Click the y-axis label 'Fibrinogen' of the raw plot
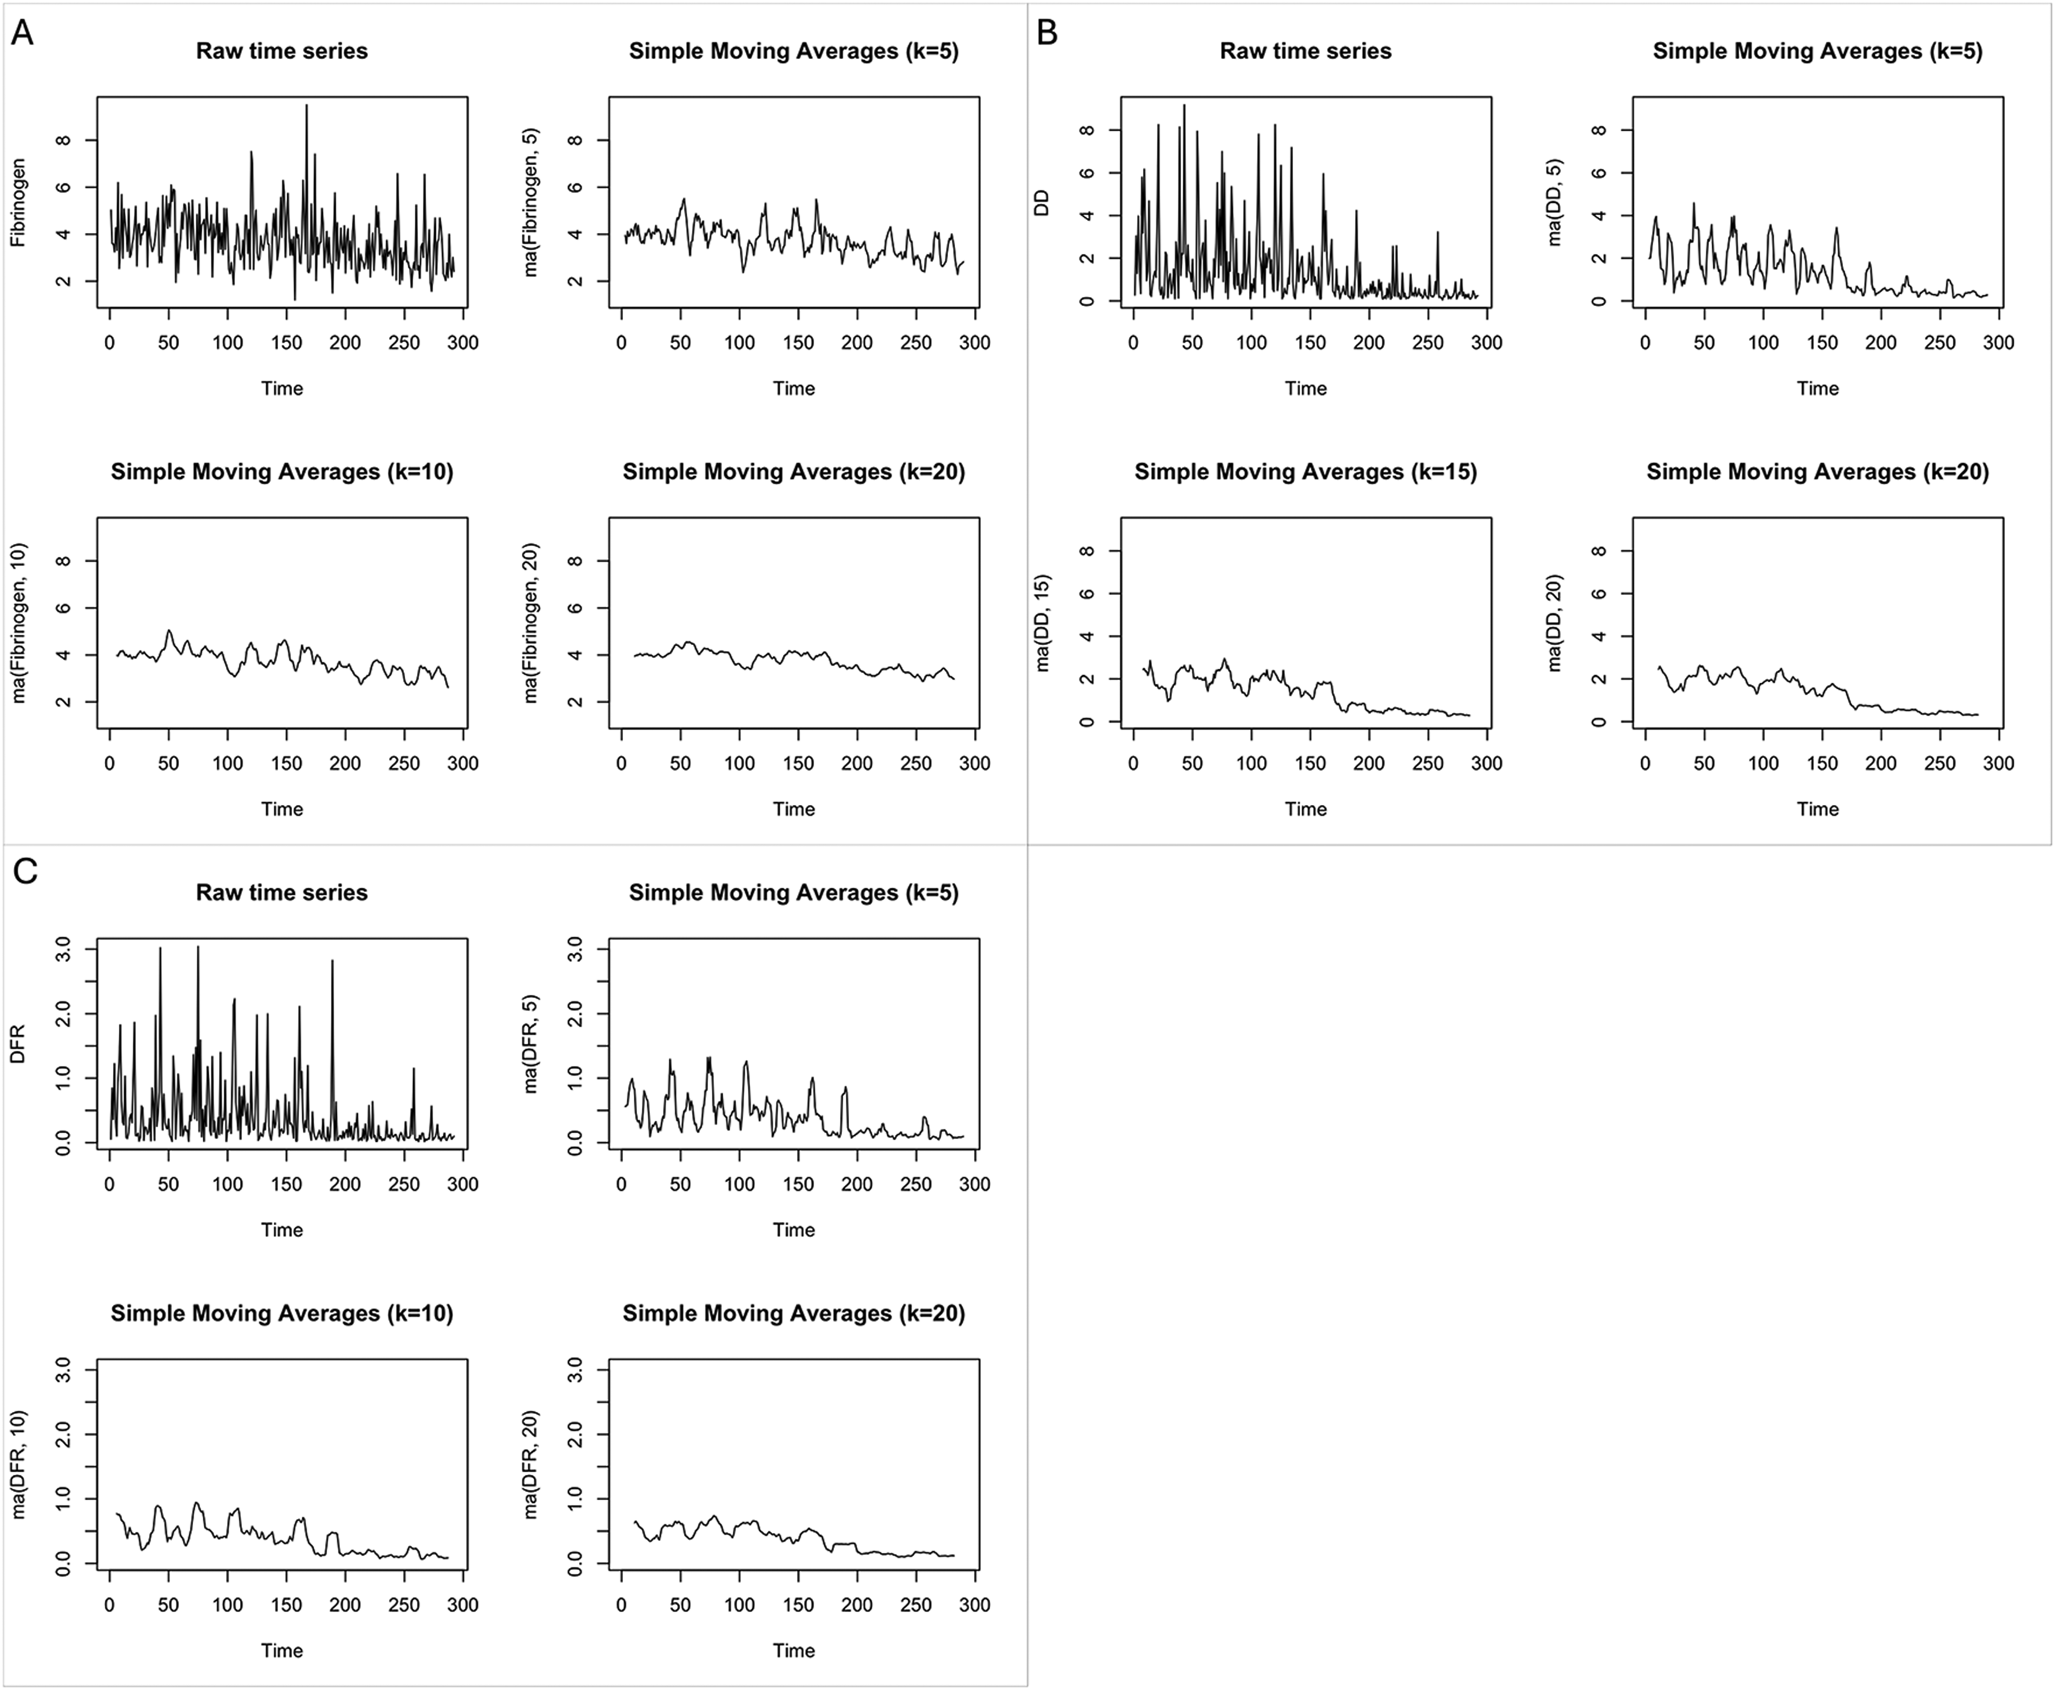pos(18,203)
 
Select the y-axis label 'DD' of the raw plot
pos(1042,203)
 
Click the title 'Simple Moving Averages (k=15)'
pos(1305,472)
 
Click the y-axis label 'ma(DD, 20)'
pos(1554,623)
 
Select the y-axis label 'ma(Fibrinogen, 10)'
pos(18,623)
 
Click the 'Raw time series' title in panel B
pos(1305,51)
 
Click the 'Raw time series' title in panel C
pos(281,893)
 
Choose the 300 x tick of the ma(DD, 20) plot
pos(1999,763)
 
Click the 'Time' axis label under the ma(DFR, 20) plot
pos(794,1650)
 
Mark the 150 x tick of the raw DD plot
pos(1310,343)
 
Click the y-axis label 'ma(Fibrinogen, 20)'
pos(531,623)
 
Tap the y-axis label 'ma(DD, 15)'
pos(1042,623)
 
